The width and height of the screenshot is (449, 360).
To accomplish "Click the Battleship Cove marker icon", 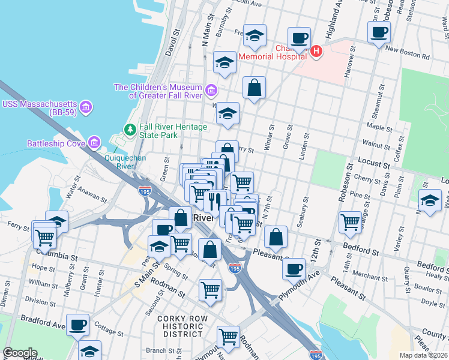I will pos(94,143).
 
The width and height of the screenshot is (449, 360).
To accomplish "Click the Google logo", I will pos(19,353).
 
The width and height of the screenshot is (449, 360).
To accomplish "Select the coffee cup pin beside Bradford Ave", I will pos(77,325).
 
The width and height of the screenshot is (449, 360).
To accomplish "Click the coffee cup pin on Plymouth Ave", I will pos(294,268).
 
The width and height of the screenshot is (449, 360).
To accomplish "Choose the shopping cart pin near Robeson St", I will pos(350,221).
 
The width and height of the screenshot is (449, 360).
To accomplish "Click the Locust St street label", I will pos(371,163).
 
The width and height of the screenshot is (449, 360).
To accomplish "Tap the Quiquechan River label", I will pos(116,163).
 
